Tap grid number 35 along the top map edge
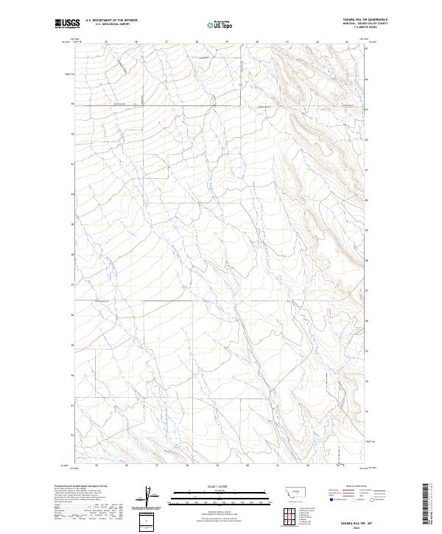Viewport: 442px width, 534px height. [x=107, y=42]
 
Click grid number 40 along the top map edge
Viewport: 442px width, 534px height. [x=256, y=42]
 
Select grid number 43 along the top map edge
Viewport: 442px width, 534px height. [x=347, y=42]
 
